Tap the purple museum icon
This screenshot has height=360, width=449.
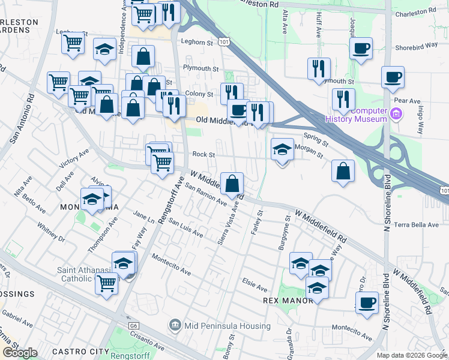coord(396,113)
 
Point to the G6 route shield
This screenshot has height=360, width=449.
coord(133,325)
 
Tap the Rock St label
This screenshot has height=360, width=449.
coord(203,154)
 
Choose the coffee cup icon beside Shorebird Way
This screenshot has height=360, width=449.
coord(361,49)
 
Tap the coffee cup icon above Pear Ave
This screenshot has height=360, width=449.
coord(393,77)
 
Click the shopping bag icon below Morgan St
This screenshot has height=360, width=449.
coord(343,171)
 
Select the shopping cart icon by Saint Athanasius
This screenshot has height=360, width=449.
coord(107,283)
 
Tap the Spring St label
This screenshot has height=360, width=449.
coord(316,140)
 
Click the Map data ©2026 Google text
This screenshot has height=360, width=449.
coord(411,355)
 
